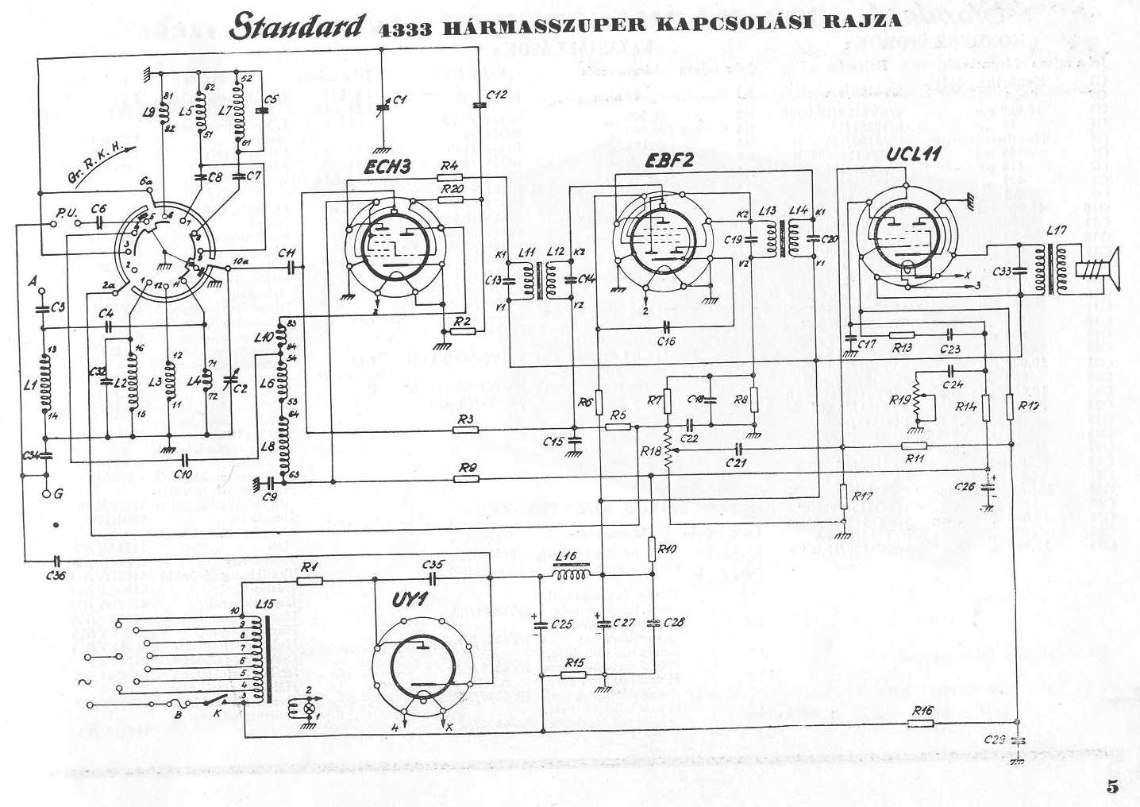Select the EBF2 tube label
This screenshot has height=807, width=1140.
(668, 160)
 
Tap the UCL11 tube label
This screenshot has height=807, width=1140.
(914, 153)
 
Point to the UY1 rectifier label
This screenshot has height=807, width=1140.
(410, 601)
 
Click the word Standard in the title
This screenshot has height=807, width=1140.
(298, 27)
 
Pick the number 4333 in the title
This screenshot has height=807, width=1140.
(406, 30)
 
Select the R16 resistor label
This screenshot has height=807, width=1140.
(922, 711)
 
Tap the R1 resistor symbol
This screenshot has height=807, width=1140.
(309, 580)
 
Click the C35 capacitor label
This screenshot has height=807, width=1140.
(433, 565)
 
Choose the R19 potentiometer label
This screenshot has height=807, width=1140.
(899, 400)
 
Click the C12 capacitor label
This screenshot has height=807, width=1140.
(496, 95)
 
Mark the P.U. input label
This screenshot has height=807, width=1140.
(66, 212)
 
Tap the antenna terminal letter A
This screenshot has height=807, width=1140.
(33, 280)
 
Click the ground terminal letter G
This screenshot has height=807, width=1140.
(58, 494)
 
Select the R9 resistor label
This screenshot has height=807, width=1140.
(468, 468)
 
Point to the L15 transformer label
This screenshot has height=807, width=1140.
(264, 604)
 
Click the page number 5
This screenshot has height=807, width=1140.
(1112, 786)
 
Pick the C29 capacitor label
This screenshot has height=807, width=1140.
(995, 739)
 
